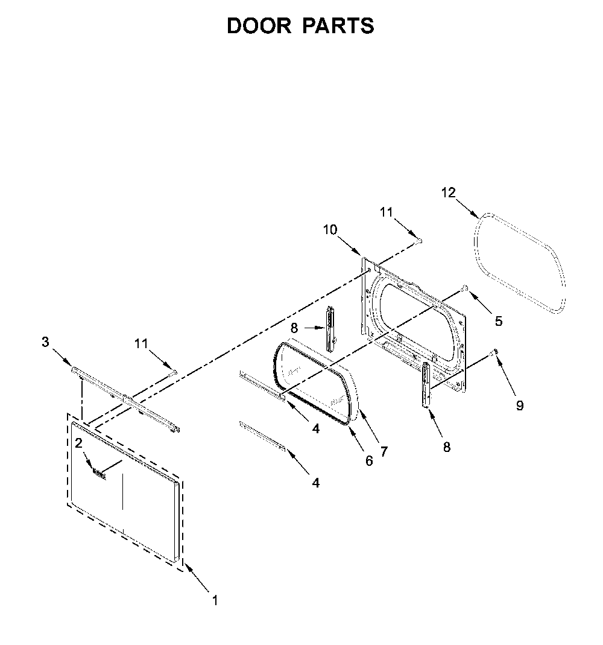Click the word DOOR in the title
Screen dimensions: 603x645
(x=259, y=25)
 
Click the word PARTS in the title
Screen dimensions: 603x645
(x=338, y=25)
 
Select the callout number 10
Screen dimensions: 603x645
(x=330, y=229)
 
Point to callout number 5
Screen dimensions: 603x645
(x=499, y=321)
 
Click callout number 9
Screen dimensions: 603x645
(x=520, y=405)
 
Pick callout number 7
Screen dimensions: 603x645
(x=384, y=452)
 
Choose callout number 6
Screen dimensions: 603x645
(x=369, y=461)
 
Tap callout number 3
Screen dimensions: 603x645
(x=45, y=342)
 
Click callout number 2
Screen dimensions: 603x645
(x=78, y=443)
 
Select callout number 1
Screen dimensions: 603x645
(x=215, y=600)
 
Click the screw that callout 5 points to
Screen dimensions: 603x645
(x=464, y=288)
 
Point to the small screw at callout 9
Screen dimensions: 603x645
(x=496, y=352)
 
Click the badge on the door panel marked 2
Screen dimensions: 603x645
(x=99, y=474)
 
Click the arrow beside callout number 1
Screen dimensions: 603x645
(x=197, y=578)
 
